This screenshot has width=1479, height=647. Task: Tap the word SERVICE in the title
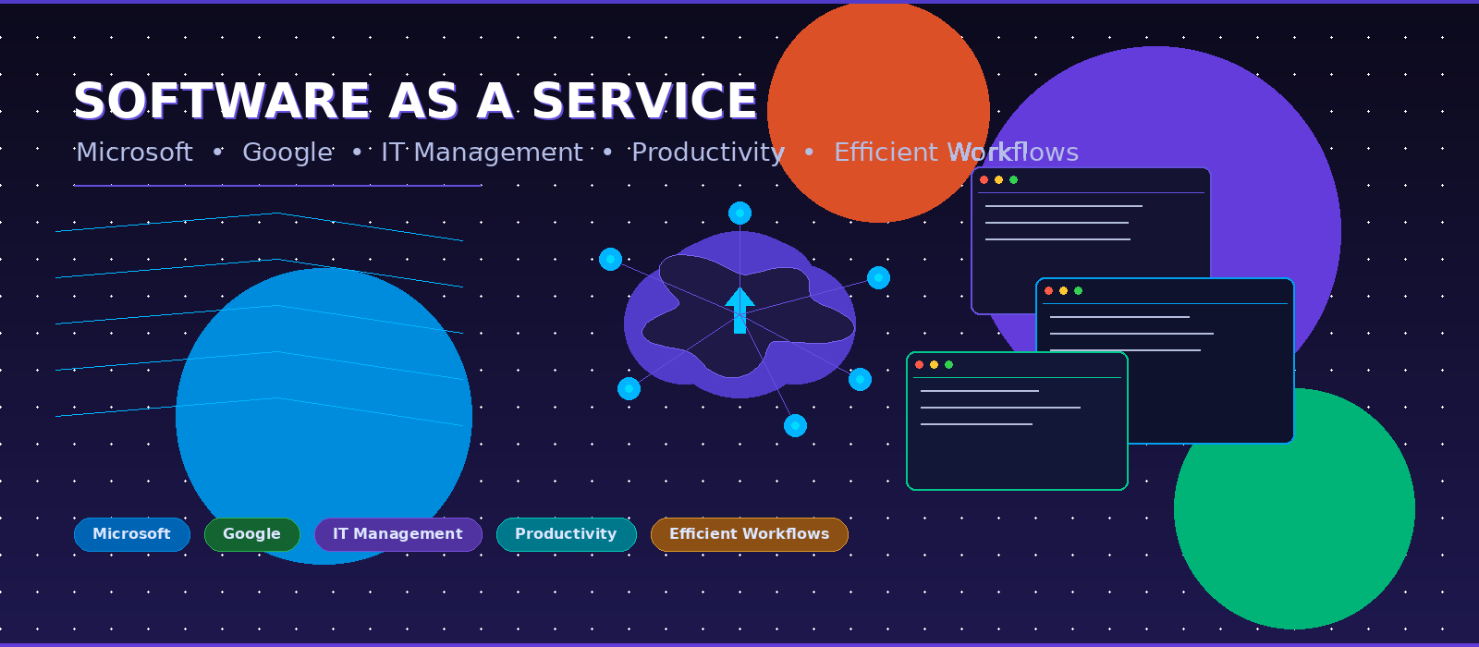coord(644,101)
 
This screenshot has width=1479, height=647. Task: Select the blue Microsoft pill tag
coord(132,534)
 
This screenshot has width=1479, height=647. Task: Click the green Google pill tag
coord(252,534)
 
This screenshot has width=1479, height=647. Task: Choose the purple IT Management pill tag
coord(398,534)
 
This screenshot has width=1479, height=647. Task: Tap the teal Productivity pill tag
coord(567,534)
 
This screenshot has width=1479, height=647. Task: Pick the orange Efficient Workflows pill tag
coord(750,534)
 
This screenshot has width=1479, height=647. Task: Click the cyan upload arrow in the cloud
coord(739,311)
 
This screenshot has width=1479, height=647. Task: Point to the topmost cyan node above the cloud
coord(739,214)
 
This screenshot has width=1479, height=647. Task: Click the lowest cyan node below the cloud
coord(795,426)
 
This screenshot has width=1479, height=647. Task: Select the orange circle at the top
coord(878,112)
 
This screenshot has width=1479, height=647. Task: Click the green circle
coord(1294,508)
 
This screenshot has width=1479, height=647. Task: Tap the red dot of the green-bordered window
coord(919,364)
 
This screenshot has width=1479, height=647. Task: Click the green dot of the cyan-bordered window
coord(1078,290)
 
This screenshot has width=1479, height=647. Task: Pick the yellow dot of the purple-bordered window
coord(998,179)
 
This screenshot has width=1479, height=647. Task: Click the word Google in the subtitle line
coord(287,153)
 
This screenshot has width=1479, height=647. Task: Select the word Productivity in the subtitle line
coord(708,153)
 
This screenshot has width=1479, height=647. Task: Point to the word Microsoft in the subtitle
coord(134,153)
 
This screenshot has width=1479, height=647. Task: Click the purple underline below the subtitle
coord(277,186)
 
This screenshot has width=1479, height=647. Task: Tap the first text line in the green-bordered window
coord(979,391)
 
